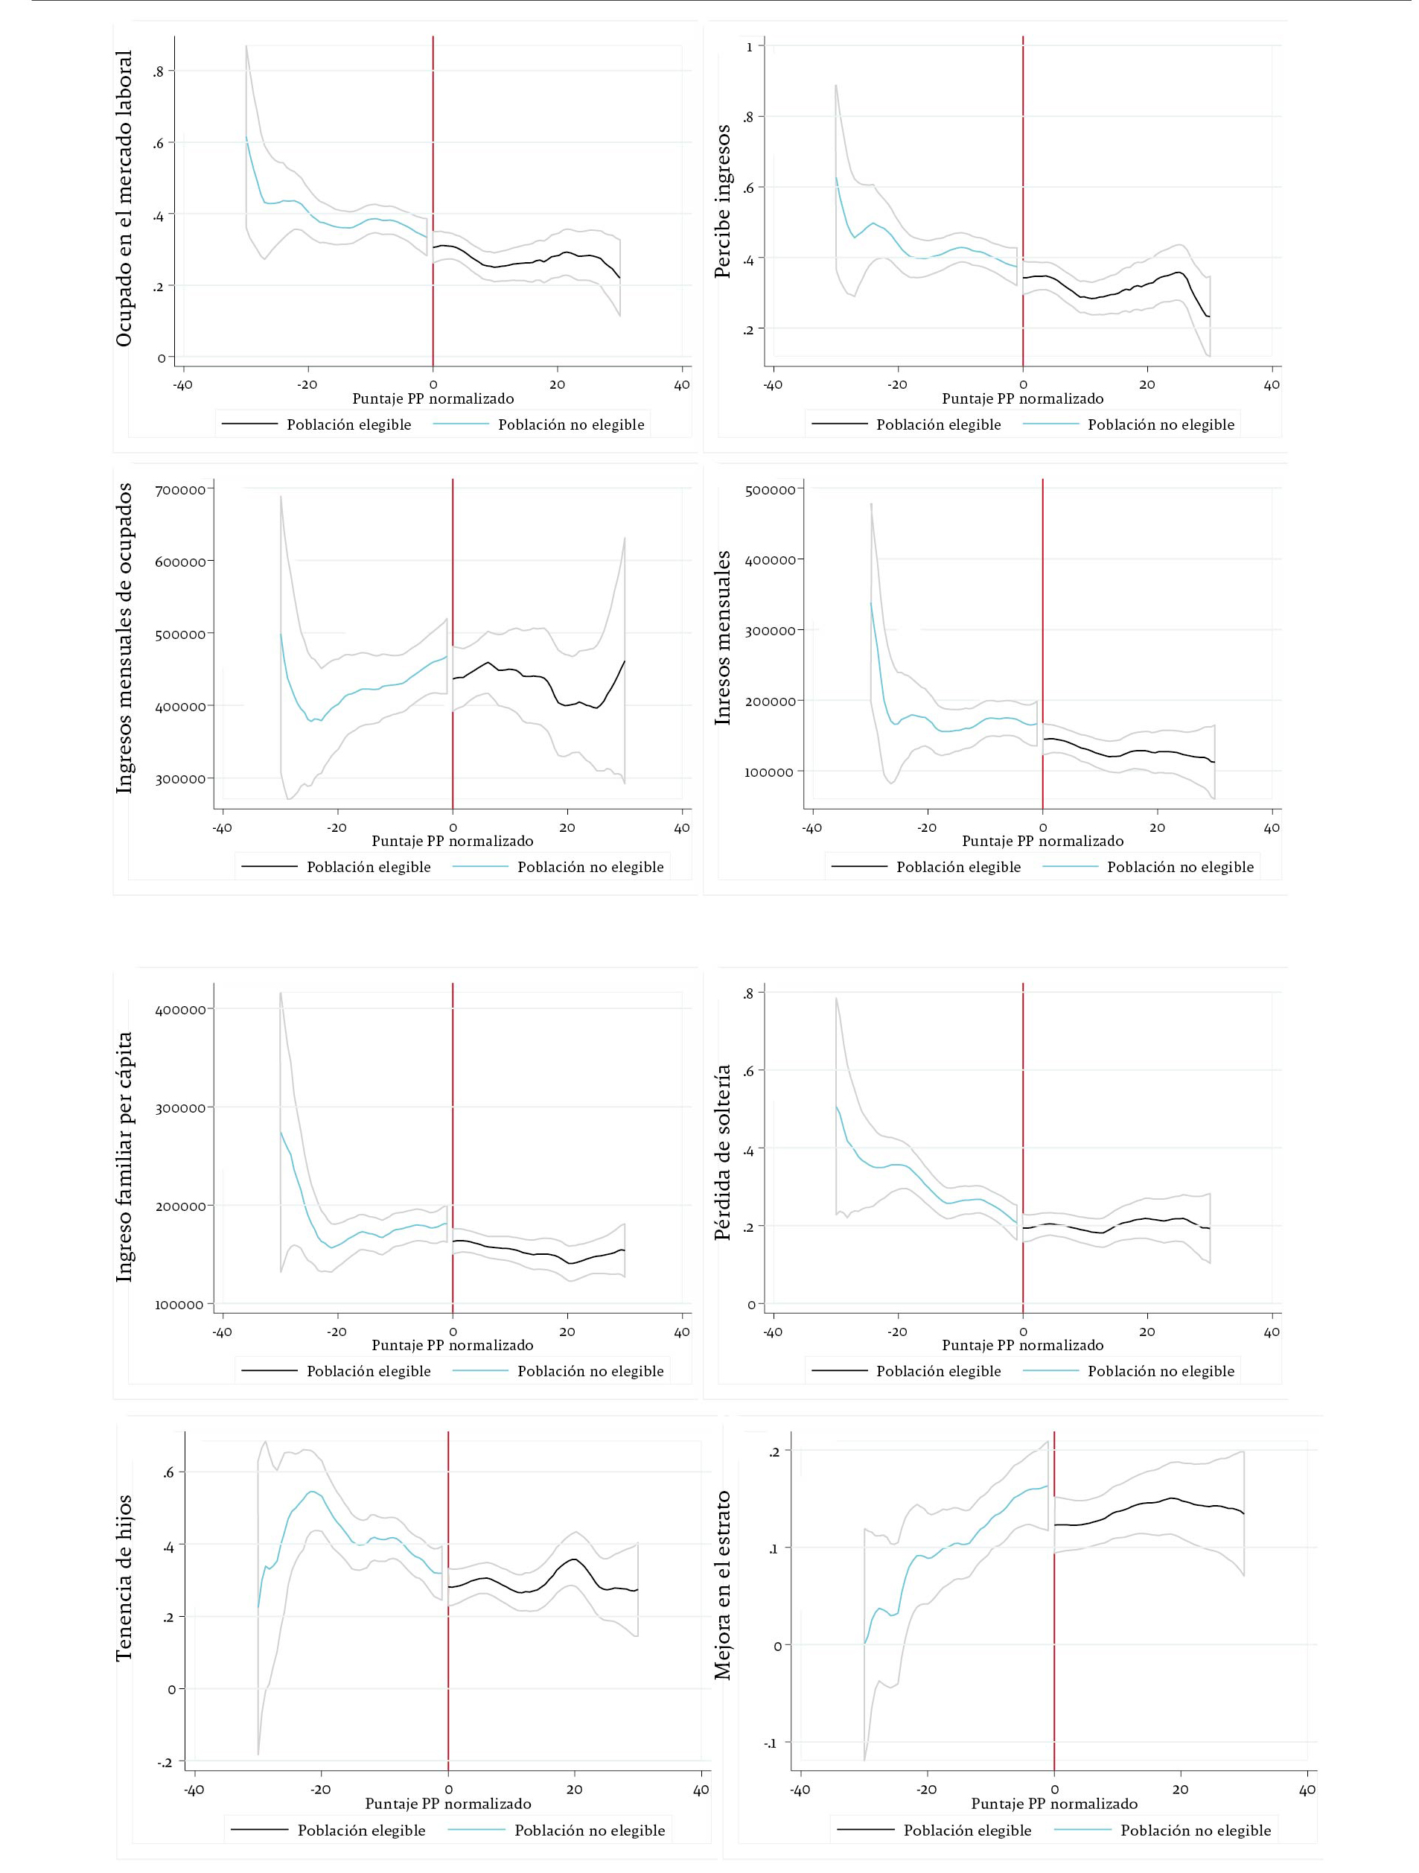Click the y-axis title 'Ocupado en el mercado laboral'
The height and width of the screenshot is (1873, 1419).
[124, 198]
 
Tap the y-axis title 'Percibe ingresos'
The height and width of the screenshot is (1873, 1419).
[722, 202]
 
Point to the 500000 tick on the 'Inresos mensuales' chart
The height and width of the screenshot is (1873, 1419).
[770, 489]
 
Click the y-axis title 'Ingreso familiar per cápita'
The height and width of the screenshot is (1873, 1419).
[124, 1157]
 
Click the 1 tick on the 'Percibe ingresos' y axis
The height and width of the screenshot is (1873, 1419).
[749, 48]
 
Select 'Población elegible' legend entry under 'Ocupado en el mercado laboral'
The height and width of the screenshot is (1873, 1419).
[348, 425]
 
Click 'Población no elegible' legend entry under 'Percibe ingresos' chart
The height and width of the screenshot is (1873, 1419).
[1160, 425]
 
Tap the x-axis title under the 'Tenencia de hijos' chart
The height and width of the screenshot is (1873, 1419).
[448, 1804]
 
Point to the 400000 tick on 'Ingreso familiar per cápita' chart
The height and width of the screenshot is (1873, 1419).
[180, 1009]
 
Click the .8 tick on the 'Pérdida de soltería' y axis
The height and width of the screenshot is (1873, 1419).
[748, 994]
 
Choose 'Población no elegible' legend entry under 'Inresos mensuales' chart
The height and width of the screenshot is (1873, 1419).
[1179, 867]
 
